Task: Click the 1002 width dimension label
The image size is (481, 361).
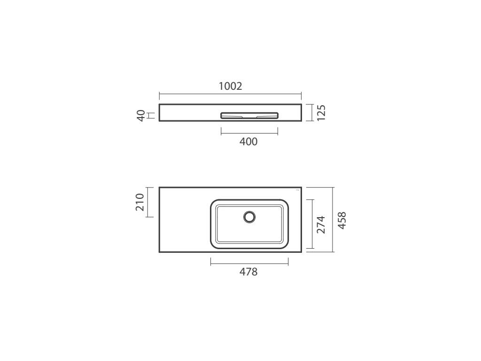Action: point(230,86)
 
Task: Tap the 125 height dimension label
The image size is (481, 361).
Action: point(321,113)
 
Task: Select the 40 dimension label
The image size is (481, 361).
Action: point(141,116)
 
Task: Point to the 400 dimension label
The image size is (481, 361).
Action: point(248,142)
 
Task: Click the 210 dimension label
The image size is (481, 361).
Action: point(140,202)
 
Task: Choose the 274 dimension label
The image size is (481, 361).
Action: point(321,224)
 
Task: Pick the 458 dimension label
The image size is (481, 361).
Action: point(342,220)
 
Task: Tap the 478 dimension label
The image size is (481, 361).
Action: point(248,272)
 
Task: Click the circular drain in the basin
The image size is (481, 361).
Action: point(249,217)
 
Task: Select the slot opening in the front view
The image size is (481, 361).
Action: point(249,116)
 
